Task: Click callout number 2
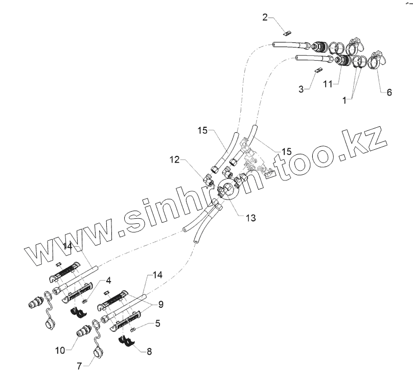[265, 18]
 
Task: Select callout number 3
[302, 89]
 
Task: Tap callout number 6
[389, 93]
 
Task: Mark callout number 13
[249, 218]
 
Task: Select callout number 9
[160, 305]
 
